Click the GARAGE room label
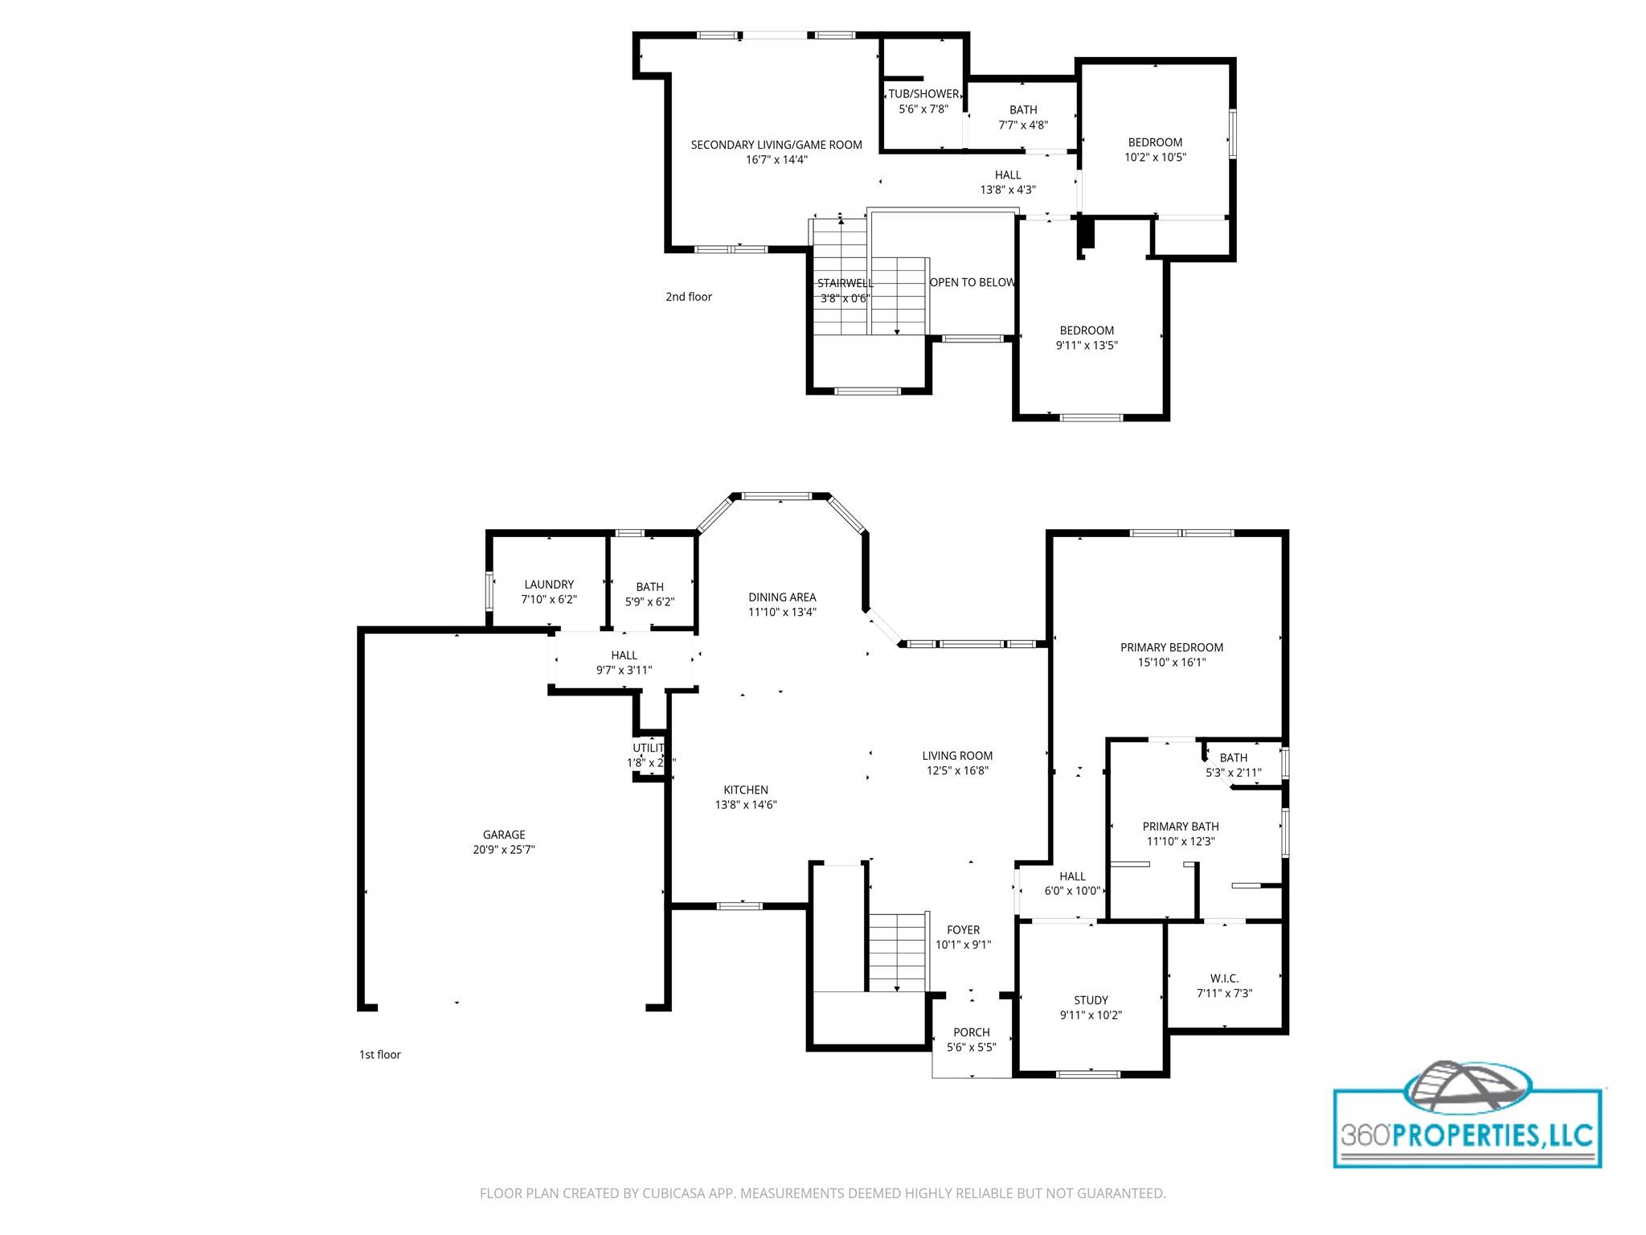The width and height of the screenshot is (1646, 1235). coord(504,835)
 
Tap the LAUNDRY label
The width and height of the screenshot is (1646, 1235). coord(549,585)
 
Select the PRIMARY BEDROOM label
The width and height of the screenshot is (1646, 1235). coord(1172,647)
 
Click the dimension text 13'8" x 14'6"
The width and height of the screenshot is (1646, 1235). coord(746,805)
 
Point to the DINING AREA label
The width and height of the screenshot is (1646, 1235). coord(782,597)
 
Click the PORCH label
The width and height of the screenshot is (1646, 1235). coord(972,1032)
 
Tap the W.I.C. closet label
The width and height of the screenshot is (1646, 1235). coord(1224,979)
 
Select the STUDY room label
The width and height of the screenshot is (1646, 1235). coord(1091,1000)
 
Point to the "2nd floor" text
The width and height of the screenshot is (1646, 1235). coord(689,297)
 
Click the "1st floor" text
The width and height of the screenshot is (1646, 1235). coord(379,1055)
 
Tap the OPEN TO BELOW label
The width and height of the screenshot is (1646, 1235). coord(972,282)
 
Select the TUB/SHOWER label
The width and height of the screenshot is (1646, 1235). coord(923,94)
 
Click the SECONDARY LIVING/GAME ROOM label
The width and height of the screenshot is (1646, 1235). coord(776,145)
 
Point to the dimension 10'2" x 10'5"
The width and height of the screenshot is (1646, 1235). coord(1155,158)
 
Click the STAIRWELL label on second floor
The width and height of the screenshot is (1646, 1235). coord(845,283)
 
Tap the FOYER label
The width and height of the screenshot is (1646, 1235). coord(963,930)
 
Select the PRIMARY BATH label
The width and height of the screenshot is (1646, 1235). coord(1181,827)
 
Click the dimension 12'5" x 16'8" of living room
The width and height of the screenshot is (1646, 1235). coord(957,771)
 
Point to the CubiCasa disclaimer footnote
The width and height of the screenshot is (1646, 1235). coord(822,1193)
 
